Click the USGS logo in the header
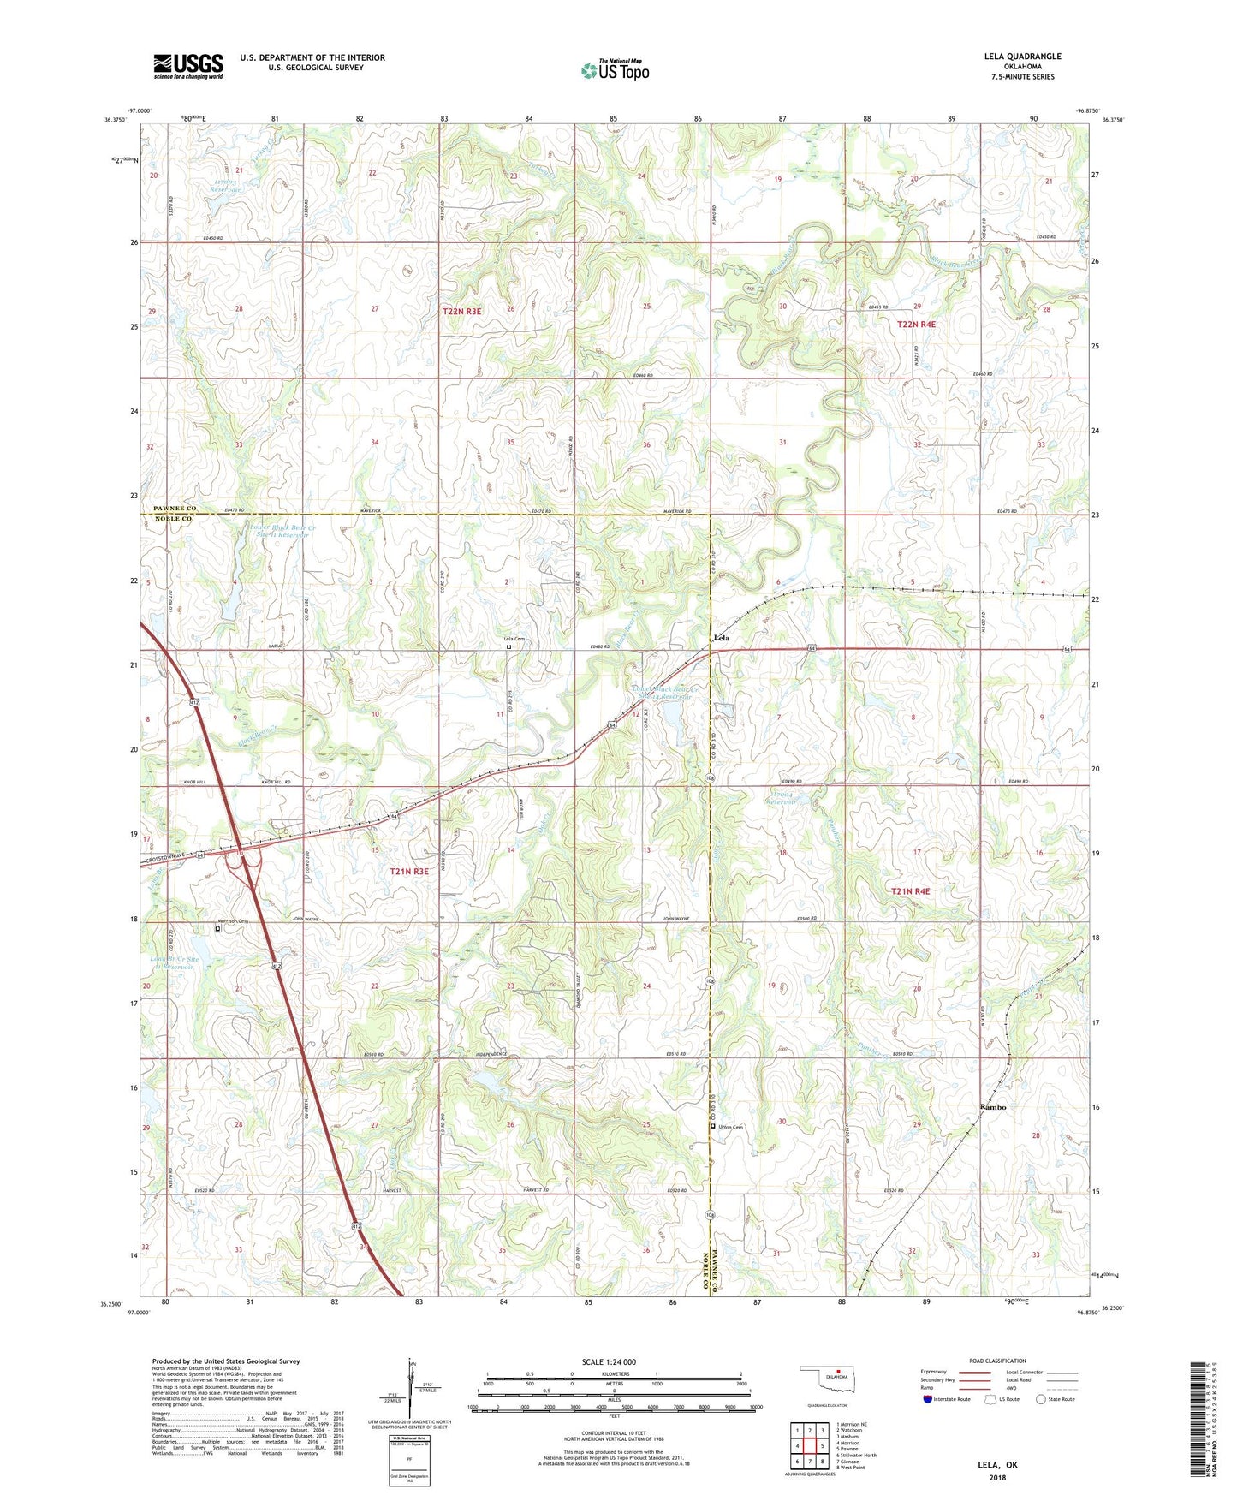click(x=187, y=66)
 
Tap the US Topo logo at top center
click(x=615, y=69)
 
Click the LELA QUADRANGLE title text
click(x=1022, y=57)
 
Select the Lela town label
click(x=722, y=638)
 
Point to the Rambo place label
click(x=992, y=1107)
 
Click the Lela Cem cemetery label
click(x=514, y=639)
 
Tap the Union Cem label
click(x=730, y=1127)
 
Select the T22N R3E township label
click(x=461, y=311)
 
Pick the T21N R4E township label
click(x=910, y=891)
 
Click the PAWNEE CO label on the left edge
click(x=175, y=508)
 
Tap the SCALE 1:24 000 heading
click(x=609, y=1362)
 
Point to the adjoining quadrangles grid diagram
click(x=809, y=1448)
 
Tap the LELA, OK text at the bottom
click(x=997, y=1465)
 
